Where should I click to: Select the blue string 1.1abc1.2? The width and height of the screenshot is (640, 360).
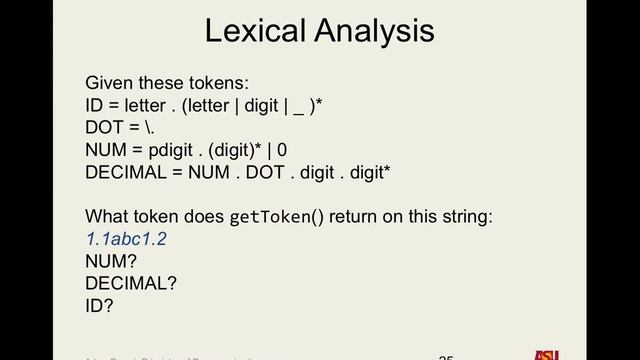(x=127, y=239)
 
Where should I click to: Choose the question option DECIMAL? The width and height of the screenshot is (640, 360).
(x=131, y=283)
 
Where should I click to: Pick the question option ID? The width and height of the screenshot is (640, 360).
(x=99, y=305)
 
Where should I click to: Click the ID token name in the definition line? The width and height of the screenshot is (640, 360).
(x=95, y=106)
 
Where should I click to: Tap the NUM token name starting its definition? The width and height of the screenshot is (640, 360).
(x=105, y=150)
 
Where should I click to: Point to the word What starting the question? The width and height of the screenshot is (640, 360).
(x=107, y=217)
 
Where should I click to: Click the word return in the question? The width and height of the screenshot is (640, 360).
(x=355, y=217)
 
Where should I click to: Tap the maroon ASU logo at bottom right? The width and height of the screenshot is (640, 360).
(x=546, y=354)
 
